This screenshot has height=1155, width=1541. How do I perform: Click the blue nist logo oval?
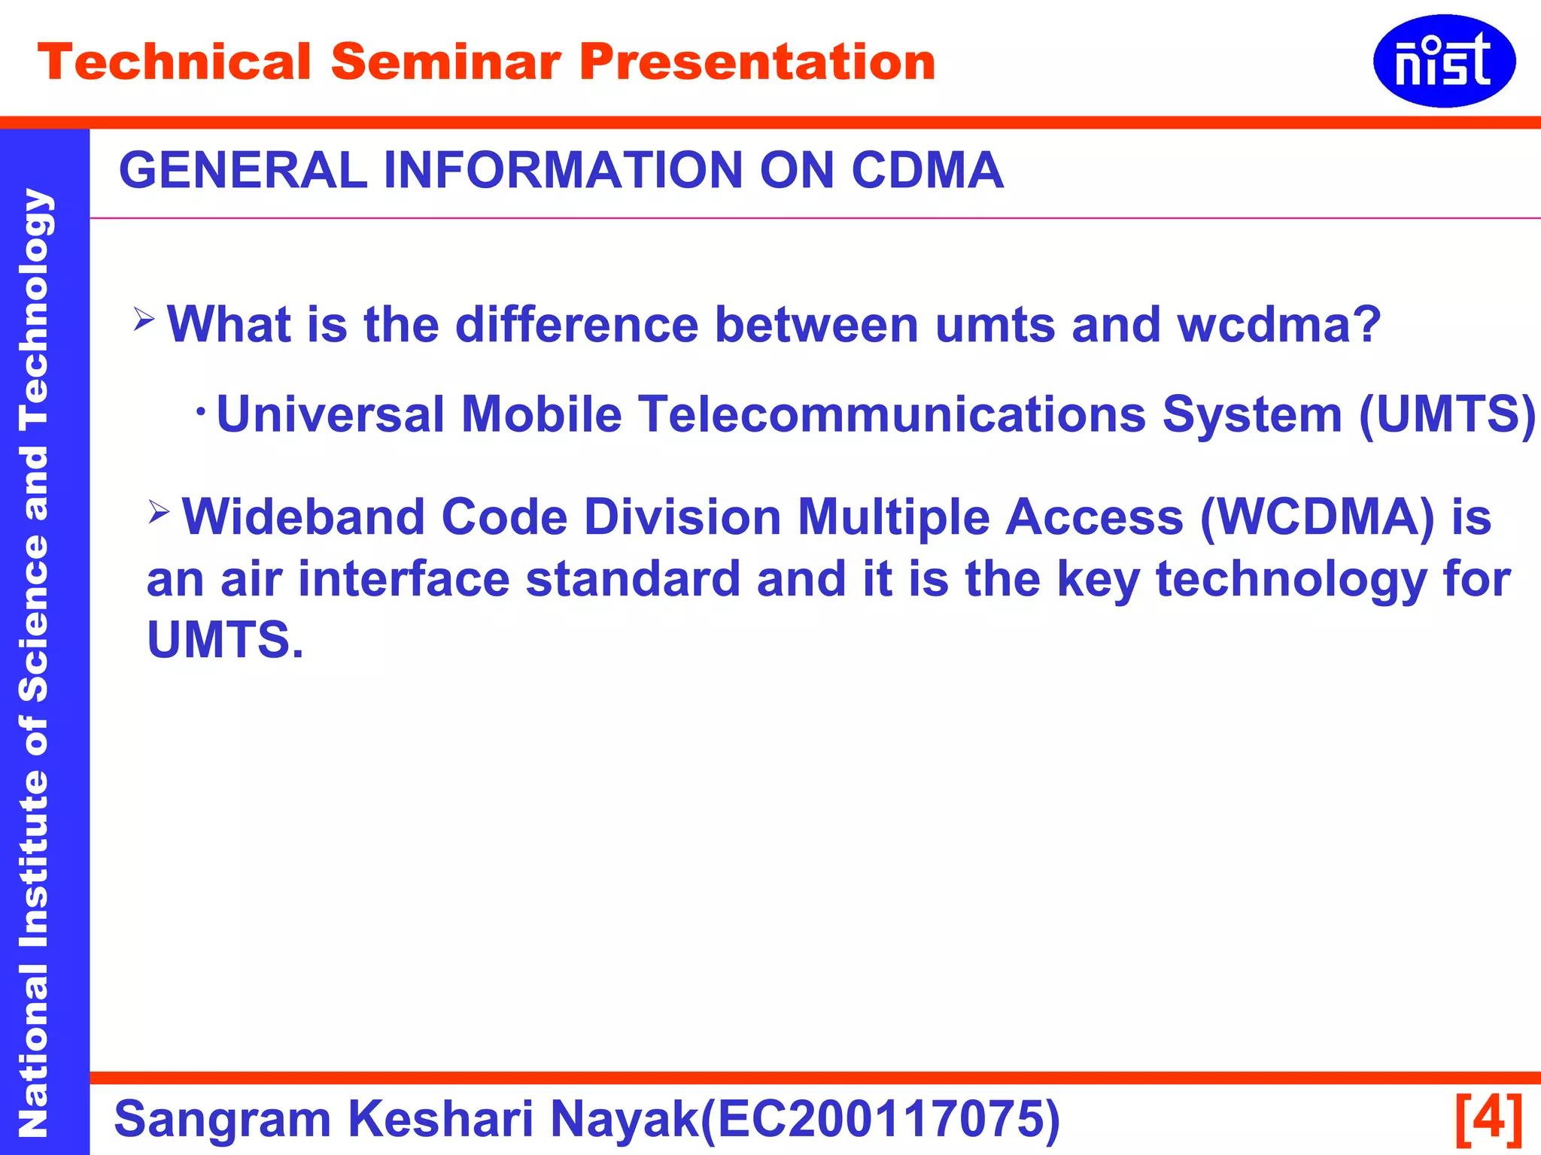point(1443,61)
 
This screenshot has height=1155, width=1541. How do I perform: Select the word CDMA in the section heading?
point(927,170)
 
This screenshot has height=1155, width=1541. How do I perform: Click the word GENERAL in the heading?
point(243,170)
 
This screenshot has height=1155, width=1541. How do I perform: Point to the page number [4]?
point(1489,1118)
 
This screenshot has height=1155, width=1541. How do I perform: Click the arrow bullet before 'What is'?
point(144,319)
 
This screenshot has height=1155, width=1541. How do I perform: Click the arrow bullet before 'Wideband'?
point(159,512)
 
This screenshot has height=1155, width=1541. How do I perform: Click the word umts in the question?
point(995,325)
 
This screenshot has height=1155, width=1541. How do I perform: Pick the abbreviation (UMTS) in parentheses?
point(1446,414)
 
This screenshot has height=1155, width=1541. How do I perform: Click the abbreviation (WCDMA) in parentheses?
point(1317,517)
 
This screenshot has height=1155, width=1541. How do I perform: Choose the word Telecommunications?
point(892,414)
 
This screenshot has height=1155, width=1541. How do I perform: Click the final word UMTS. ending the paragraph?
point(225,641)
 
